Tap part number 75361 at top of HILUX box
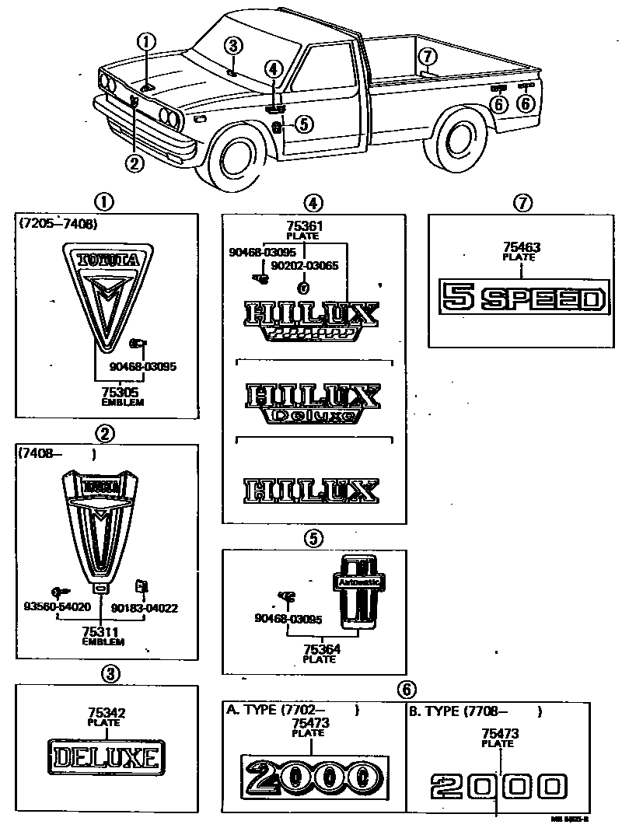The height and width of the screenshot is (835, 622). pos(304,225)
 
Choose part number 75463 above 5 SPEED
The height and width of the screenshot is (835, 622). pos(521,248)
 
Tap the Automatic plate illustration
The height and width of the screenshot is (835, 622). pos(357,591)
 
